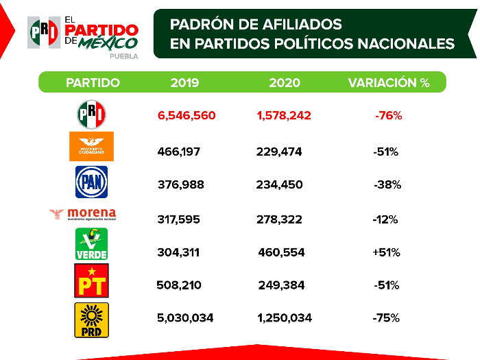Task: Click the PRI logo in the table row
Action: pos(91,114)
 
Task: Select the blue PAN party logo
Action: pos(91,182)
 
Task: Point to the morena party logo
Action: pos(83,215)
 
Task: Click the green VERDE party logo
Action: pos(91,245)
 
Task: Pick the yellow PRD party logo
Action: pos(91,320)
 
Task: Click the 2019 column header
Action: pos(184,83)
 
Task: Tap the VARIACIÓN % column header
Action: pos(389,83)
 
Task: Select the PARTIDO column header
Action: pos(93,83)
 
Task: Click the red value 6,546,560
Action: pos(187,116)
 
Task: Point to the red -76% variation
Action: pos(388,116)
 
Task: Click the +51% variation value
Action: pos(386,252)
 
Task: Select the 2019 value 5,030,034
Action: pos(186,318)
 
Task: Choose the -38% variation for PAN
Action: pos(387,184)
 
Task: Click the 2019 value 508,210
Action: pos(179,285)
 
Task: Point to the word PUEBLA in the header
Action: pos(123,56)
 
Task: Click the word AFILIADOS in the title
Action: pos(299,24)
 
